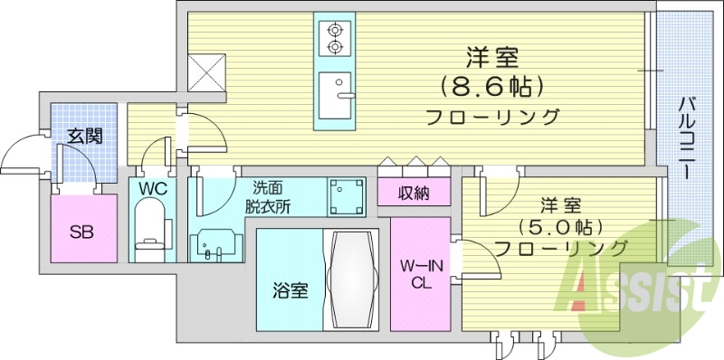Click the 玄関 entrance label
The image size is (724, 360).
tap(84, 137)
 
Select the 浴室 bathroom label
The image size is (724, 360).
tap(291, 291)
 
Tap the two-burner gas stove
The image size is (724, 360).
tap(336, 36)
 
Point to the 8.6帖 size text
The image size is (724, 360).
tap(492, 88)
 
